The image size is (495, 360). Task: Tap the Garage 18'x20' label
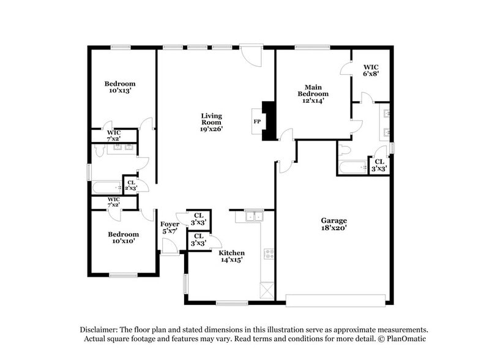pos(334,224)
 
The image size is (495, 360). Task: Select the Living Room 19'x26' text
pos(212,122)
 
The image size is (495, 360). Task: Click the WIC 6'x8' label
pos(371,70)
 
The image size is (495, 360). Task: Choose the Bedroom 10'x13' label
pos(119,87)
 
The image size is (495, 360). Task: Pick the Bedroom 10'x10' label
pos(123,238)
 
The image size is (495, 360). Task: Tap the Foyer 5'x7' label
pos(169,228)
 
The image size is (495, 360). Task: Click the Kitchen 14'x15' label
pos(231,256)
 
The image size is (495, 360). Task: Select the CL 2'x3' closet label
pos(130,184)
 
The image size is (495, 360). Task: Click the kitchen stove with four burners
pos(267,255)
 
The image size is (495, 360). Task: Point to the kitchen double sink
pos(253,216)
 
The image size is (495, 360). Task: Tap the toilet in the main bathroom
pos(344,151)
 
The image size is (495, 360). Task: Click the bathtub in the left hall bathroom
pos(106,189)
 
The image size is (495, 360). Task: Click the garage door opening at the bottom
pos(336,300)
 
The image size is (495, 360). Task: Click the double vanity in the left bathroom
pos(120,147)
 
